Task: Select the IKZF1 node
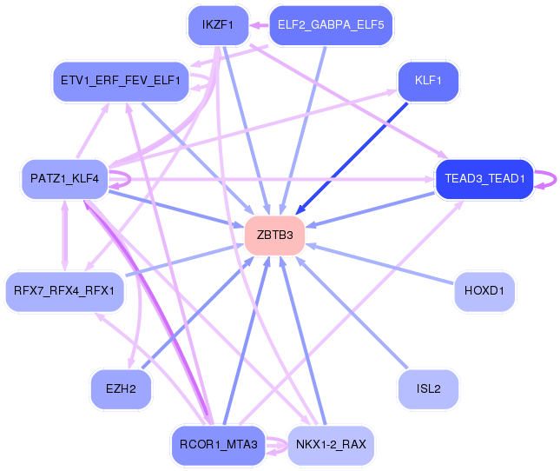[x=218, y=25]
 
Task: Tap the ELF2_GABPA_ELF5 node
[x=331, y=25]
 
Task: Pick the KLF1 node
[x=428, y=81]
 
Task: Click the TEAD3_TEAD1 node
[x=484, y=179]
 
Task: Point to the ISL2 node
[x=428, y=389]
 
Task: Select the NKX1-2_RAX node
[x=331, y=445]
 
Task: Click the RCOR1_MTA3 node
[x=218, y=445]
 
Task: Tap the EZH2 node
[x=121, y=389]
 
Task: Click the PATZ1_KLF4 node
[x=64, y=179]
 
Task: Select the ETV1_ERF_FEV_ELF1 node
[x=121, y=81]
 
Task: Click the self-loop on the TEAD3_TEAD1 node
[x=549, y=179]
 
